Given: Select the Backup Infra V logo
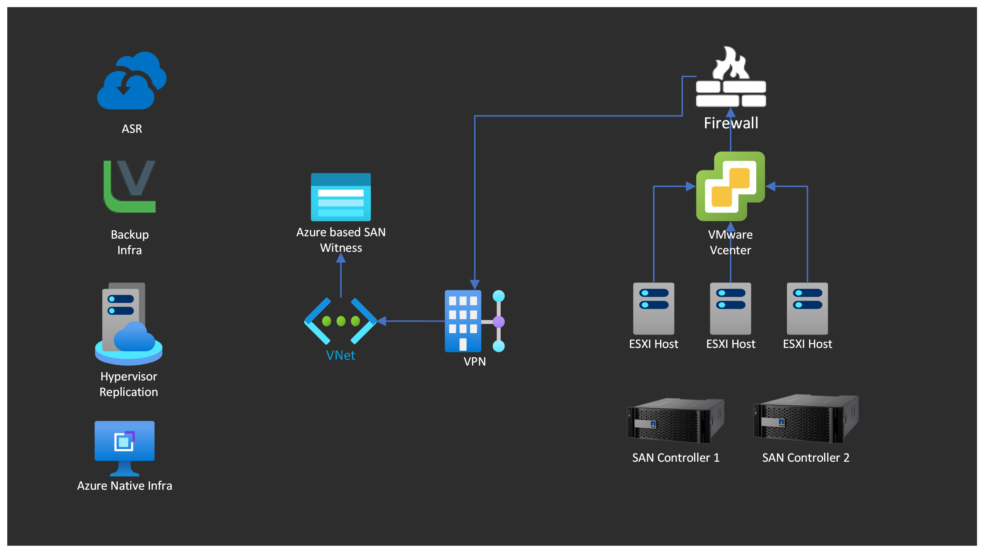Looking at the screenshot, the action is click(x=130, y=186).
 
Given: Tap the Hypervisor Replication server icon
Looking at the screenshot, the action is click(x=129, y=324).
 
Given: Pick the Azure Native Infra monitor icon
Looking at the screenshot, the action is click(x=124, y=448).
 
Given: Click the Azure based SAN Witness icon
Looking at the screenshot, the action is click(x=341, y=197).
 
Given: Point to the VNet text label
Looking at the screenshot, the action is click(x=340, y=356).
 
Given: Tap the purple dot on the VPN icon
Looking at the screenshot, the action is click(x=499, y=322).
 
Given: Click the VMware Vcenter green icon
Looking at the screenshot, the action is click(x=730, y=186).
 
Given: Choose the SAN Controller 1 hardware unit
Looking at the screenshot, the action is click(x=675, y=421).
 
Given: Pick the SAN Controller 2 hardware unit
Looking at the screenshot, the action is click(x=806, y=418).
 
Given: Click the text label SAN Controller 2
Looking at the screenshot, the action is click(x=806, y=458).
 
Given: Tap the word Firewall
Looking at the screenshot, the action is click(x=731, y=123).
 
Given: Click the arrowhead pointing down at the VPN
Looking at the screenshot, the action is click(x=474, y=285).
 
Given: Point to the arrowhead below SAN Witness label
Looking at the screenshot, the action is click(x=341, y=258).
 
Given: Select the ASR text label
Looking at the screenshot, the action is click(x=132, y=129).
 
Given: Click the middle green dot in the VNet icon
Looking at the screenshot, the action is click(x=341, y=321).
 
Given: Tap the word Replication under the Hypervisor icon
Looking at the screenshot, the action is click(x=129, y=392).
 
